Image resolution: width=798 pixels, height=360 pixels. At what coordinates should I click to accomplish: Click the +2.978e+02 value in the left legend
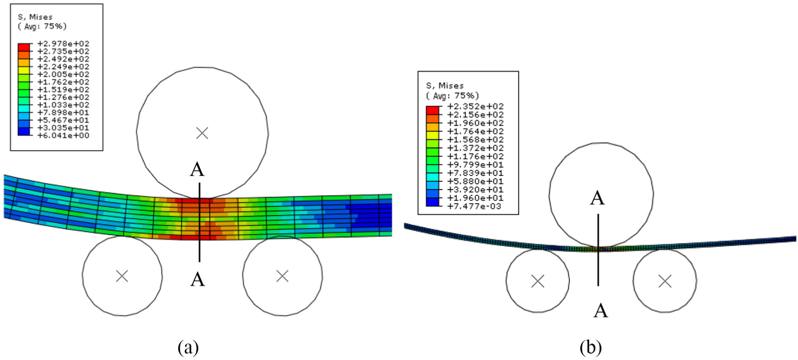(x=63, y=44)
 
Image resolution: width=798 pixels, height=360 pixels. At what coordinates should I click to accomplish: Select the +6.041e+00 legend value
(x=63, y=136)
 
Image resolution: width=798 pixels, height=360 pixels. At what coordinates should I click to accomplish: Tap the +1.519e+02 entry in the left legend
(x=63, y=90)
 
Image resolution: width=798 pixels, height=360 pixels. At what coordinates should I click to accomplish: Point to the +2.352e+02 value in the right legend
(x=475, y=106)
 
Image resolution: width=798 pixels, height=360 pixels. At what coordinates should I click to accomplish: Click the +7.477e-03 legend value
(x=475, y=206)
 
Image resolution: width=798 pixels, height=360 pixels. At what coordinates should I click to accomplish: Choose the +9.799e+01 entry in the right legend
(x=475, y=165)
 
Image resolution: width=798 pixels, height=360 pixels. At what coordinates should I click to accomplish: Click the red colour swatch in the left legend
(x=24, y=47)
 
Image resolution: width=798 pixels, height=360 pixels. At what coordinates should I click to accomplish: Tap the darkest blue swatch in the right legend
(x=432, y=202)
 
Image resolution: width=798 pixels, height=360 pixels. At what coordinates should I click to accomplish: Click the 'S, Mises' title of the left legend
(x=35, y=17)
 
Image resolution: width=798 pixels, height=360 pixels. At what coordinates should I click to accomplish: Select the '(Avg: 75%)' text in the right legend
(x=452, y=96)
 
